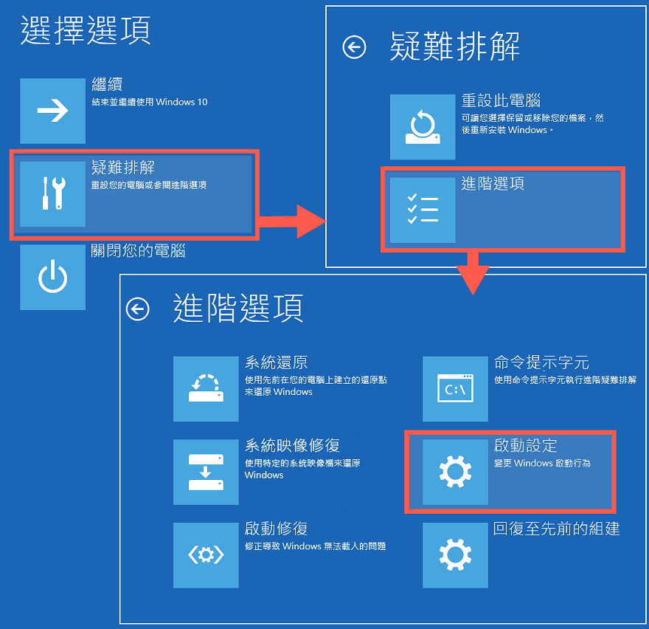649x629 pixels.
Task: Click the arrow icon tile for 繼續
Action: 52,111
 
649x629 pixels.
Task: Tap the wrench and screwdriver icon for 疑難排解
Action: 52,194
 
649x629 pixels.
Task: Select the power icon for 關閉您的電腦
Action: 52,278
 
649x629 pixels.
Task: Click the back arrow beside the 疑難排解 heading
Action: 354,48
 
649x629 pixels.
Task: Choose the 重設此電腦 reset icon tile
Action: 423,127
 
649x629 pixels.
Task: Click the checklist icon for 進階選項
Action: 423,210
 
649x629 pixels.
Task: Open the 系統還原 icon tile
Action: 206,388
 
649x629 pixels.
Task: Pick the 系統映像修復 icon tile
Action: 206,472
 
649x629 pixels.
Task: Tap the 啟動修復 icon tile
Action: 206,555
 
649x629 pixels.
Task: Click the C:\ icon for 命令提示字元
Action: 455,388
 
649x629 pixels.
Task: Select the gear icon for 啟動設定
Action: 455,472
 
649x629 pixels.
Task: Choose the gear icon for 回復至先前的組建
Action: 455,555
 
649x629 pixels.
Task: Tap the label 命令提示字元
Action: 541,363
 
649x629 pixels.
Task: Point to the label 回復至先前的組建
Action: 556,529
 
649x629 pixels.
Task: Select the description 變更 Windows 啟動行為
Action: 542,464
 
